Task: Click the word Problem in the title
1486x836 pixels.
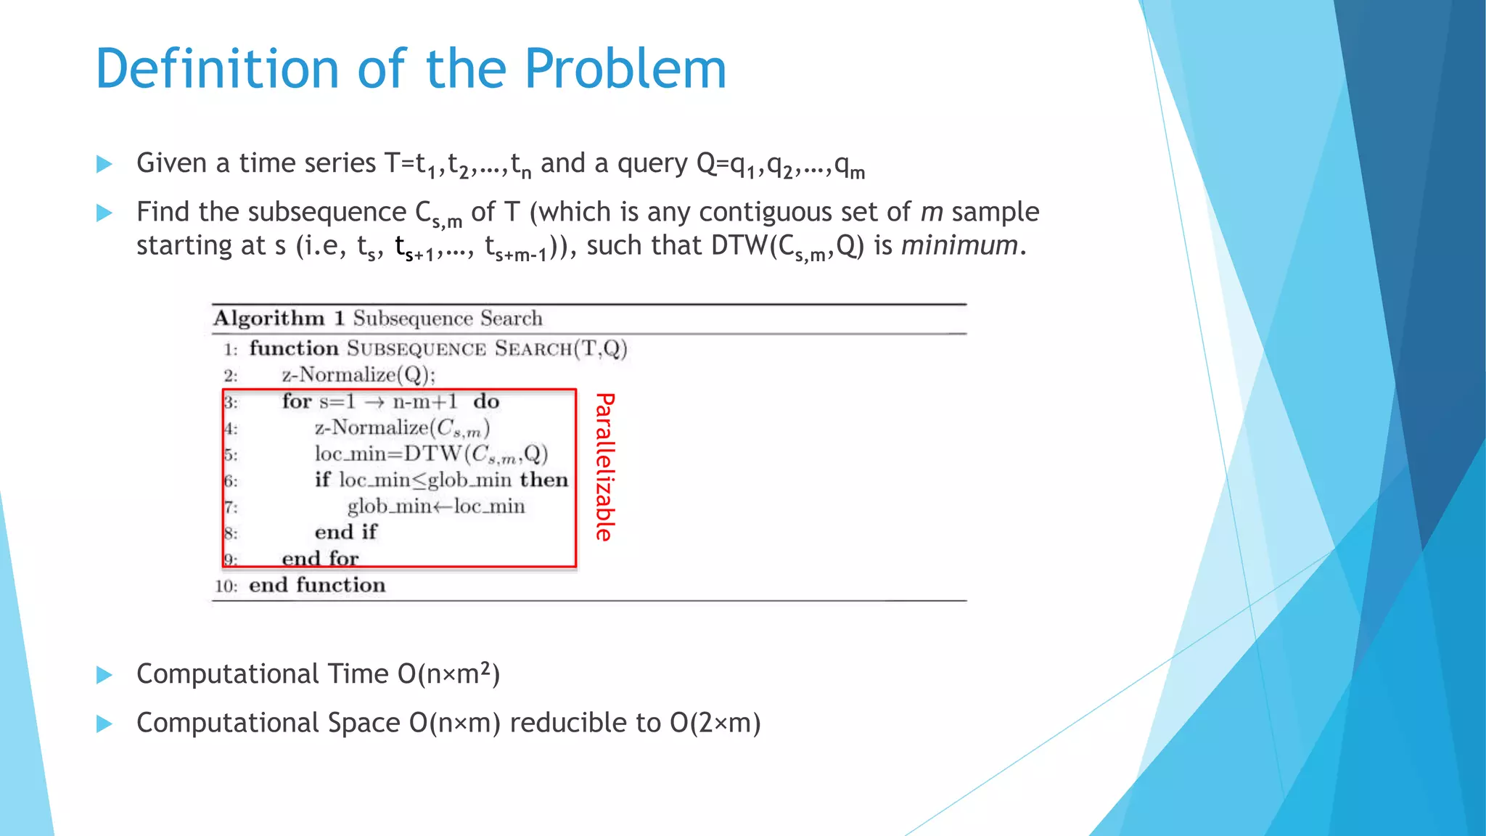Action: tap(625, 69)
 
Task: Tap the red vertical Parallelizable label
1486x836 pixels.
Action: tap(604, 467)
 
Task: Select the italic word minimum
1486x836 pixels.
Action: tap(959, 245)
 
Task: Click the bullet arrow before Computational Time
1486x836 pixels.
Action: tap(104, 675)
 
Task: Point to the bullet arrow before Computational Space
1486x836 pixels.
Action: tap(104, 724)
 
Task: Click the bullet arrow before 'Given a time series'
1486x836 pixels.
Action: tap(104, 164)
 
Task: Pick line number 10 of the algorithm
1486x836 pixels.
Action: tap(226, 586)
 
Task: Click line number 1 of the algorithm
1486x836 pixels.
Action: tap(230, 350)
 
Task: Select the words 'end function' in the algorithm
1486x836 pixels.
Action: tap(317, 585)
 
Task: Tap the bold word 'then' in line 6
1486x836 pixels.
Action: tap(543, 480)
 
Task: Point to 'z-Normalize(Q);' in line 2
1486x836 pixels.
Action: tap(358, 375)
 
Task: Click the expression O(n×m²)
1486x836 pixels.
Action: tap(448, 674)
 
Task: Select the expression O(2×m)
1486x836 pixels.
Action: tap(715, 723)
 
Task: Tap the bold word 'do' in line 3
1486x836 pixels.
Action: tap(486, 401)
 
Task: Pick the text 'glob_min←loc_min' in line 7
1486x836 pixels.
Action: tap(435, 506)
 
